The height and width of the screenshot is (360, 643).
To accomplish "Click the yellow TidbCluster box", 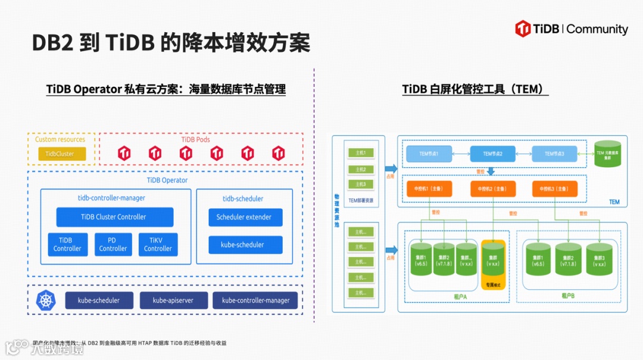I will point(62,154).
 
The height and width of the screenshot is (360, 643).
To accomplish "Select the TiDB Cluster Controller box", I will point(114,217).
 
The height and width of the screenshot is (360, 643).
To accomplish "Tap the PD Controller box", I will point(113,245).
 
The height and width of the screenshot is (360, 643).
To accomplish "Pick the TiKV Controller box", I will point(158,245).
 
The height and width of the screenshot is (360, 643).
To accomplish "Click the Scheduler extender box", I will point(245,217).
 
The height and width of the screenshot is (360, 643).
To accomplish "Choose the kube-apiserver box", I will point(173,300).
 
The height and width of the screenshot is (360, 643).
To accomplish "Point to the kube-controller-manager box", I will point(255,300).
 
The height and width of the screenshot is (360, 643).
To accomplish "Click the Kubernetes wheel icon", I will point(46,300).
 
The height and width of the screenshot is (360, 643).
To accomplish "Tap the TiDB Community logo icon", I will point(523,29).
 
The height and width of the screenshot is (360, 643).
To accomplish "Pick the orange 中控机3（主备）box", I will point(554,189).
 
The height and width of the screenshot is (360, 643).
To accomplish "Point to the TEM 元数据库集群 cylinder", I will point(608,154).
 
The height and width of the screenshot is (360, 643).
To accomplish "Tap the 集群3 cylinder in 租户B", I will point(599,259).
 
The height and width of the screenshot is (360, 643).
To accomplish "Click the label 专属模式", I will point(492,286).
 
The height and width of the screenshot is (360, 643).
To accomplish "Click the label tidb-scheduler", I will point(243,199).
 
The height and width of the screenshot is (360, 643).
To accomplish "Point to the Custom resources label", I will point(60,139).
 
